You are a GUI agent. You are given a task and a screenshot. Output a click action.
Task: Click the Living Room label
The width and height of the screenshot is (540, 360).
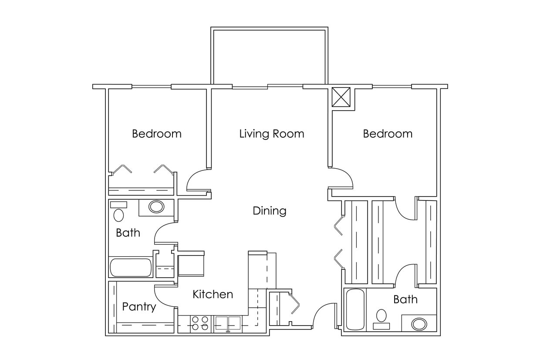271,134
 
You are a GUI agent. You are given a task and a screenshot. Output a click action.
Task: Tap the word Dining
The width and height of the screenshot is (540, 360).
270,211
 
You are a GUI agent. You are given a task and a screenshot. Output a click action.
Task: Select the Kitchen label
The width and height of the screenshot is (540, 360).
213,295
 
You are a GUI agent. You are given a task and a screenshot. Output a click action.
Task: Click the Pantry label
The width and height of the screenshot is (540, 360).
138,307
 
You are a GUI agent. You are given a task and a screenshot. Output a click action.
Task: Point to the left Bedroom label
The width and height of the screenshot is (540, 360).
156,134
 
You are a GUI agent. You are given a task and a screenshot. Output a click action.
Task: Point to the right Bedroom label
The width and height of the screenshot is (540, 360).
388,134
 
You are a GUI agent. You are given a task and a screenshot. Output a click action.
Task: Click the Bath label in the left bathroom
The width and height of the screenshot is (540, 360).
128,233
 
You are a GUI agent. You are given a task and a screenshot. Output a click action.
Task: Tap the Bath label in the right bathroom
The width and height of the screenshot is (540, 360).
405,299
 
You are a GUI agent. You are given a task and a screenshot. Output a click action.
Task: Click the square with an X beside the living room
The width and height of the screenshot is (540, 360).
341,97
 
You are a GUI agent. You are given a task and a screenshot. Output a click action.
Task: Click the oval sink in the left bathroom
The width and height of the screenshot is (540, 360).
156,207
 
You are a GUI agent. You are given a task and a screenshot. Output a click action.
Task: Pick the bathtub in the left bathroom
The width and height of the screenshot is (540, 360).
130,268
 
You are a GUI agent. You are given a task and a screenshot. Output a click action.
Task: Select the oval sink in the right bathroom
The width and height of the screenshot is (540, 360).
419,324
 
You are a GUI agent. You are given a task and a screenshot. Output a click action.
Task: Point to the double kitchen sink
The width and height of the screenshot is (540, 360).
228,323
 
